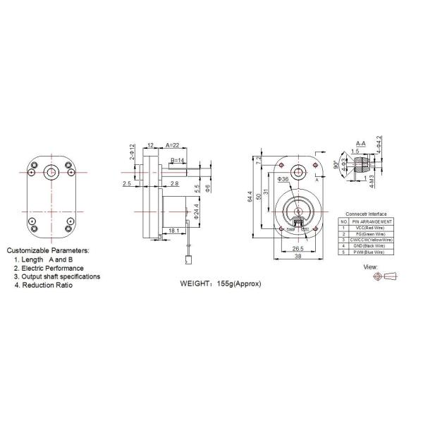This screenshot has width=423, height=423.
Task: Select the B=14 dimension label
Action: pyautogui.click(x=178, y=161)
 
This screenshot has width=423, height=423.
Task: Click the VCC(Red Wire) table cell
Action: pyautogui.click(x=369, y=228)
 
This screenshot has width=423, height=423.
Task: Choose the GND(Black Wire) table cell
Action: pyautogui.click(x=369, y=245)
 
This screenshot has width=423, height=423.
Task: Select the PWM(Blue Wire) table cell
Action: pyautogui.click(x=369, y=252)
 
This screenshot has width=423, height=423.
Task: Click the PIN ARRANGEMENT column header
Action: pyautogui.click(x=369, y=221)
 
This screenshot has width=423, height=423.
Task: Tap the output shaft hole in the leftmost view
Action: pyautogui.click(x=51, y=171)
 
